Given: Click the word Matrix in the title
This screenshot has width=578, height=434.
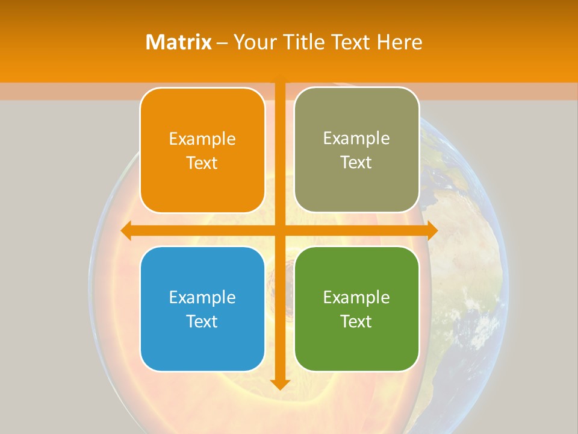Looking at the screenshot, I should click(179, 42).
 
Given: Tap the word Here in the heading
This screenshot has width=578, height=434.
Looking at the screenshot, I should click(400, 42).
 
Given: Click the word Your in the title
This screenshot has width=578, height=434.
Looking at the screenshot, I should click(252, 42).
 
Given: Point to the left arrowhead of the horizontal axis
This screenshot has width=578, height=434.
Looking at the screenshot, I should click(127, 230).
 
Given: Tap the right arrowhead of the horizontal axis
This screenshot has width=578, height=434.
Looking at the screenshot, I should click(432, 230).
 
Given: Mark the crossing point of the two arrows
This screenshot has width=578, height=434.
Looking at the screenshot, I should click(280, 230).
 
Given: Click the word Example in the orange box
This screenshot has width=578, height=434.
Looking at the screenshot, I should click(202, 139).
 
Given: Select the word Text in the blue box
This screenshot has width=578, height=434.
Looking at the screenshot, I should click(202, 321).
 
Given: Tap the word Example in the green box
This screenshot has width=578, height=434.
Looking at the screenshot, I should click(356, 297).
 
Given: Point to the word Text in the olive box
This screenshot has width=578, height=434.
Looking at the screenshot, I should click(356, 163).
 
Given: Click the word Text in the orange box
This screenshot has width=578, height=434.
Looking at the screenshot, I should click(202, 163).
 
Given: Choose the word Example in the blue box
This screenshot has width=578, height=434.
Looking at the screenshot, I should click(202, 297).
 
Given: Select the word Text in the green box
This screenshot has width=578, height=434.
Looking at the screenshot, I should click(356, 321).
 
